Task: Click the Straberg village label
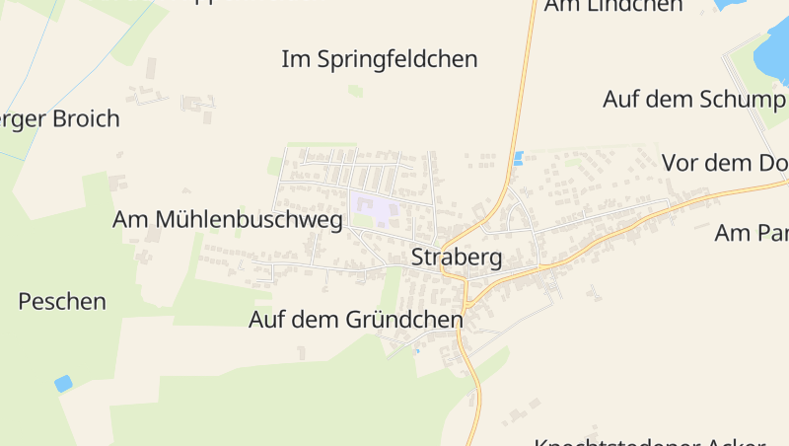[456, 259]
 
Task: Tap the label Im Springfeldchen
[379, 59]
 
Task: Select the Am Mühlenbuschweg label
[228, 220]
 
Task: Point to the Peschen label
[62, 302]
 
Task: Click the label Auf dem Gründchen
[355, 321]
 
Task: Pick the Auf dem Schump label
[693, 100]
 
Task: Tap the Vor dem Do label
[724, 163]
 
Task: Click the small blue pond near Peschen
[63, 384]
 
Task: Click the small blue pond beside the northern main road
[518, 158]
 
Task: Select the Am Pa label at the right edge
[751, 234]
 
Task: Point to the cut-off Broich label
[59, 119]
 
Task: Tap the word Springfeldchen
[397, 59]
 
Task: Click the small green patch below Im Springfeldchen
[355, 91]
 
